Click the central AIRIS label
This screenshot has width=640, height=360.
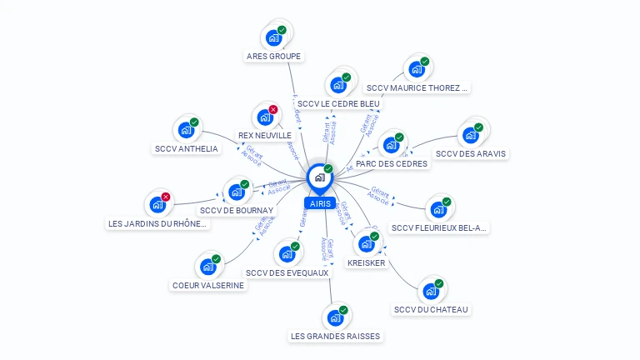(320, 203)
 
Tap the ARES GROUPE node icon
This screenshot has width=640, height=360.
(273, 37)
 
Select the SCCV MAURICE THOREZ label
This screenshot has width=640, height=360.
(417, 87)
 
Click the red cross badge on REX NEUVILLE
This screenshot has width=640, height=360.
(273, 109)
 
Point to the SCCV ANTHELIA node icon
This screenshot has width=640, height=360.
(186, 131)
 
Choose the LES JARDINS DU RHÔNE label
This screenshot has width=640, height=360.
(157, 223)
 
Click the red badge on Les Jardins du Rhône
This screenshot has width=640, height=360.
(166, 197)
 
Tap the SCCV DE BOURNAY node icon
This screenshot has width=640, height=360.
(237, 192)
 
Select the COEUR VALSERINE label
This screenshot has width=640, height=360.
(208, 285)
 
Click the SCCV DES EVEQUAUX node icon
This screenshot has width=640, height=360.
(287, 254)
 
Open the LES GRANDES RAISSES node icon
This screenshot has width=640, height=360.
(335, 318)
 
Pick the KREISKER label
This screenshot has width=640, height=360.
(367, 263)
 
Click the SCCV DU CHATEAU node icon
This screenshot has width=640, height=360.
(431, 292)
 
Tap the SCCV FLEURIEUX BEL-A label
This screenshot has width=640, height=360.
(439, 227)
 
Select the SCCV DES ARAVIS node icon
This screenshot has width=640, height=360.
(471, 135)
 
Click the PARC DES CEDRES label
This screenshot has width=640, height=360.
(392, 164)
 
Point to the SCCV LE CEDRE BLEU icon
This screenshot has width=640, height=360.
(338, 85)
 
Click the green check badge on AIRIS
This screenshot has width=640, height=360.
(328, 169)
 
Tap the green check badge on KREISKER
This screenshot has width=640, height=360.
(375, 237)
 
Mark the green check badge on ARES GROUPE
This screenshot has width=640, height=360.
(282, 30)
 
